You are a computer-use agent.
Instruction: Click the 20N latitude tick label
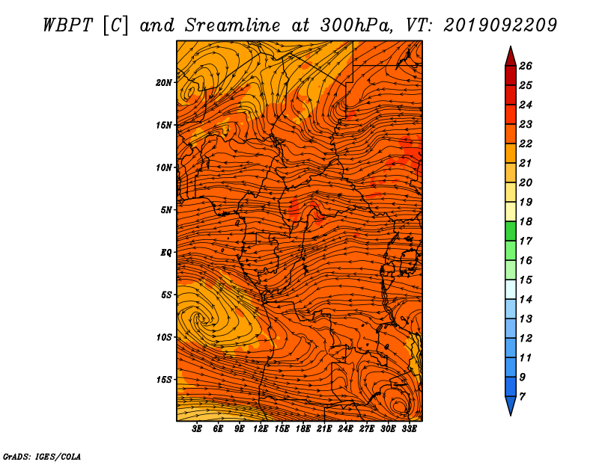coord(163,83)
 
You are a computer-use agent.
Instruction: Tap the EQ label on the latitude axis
coord(165,253)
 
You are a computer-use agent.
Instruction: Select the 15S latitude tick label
coord(163,380)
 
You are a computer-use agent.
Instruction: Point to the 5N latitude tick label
coord(166,210)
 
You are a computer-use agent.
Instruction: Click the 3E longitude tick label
coord(197,429)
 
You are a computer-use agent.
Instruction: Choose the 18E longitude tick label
coord(302,429)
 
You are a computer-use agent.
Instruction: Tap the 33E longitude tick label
coord(409,429)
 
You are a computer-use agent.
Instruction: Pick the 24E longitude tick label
coord(345,429)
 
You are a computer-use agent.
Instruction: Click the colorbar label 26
coord(526,66)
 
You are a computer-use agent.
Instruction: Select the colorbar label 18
coord(526,221)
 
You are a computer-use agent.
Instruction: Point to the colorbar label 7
coord(522,397)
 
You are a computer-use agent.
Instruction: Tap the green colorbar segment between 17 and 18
coord(511,231)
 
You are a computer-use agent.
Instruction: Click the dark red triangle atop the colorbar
coord(511,57)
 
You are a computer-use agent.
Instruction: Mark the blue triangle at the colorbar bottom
coord(511,406)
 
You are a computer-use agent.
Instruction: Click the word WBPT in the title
coord(67,25)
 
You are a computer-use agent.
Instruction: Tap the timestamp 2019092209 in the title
coord(500,25)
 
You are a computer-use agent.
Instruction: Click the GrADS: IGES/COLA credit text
coord(42,456)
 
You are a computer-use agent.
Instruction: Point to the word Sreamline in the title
coord(233,25)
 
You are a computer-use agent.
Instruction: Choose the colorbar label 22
coord(526,144)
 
